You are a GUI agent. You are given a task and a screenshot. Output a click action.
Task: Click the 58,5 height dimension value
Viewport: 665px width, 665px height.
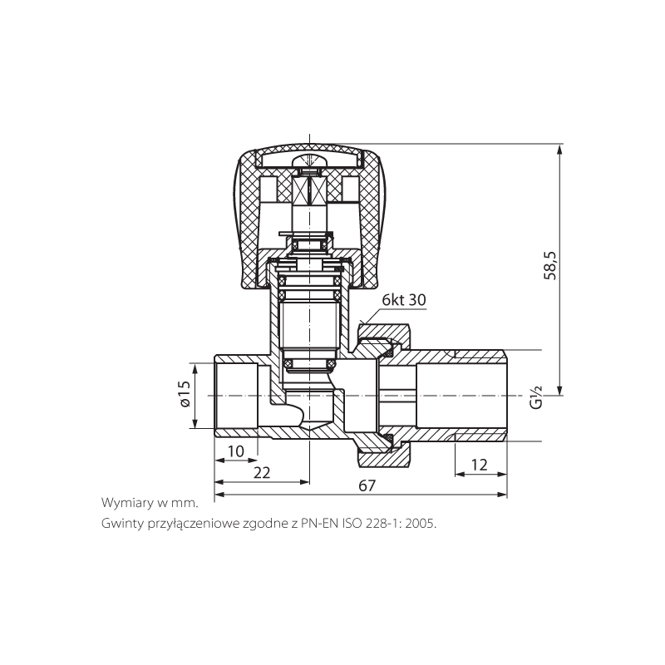pyautogui.click(x=549, y=265)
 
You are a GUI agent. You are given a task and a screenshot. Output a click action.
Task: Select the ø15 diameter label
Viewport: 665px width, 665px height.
pyautogui.click(x=185, y=394)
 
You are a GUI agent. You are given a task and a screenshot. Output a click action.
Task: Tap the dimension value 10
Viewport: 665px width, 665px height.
pyautogui.click(x=236, y=451)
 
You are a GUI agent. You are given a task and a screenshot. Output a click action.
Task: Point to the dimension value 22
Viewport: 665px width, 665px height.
pyautogui.click(x=262, y=472)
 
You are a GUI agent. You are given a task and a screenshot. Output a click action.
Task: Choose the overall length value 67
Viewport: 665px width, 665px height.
pyautogui.click(x=367, y=485)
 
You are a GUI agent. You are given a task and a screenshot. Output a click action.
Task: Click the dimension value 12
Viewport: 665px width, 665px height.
pyautogui.click(x=480, y=465)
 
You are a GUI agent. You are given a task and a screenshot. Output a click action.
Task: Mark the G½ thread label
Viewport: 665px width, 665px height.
pyautogui.click(x=536, y=397)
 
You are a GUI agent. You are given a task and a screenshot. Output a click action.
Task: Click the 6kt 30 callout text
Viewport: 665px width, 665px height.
pyautogui.click(x=404, y=300)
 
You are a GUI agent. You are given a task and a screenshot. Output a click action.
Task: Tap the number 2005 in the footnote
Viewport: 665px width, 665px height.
pyautogui.click(x=420, y=524)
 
